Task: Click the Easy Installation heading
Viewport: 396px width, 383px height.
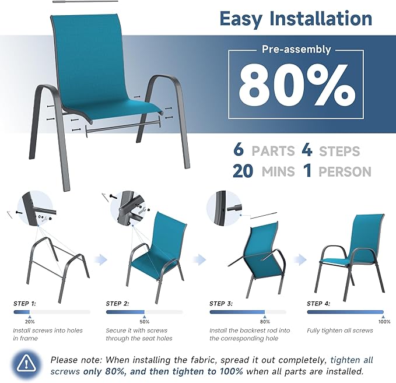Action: point(296,18)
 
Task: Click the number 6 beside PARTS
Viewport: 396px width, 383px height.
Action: point(238,150)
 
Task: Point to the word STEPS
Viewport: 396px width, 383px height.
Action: point(339,151)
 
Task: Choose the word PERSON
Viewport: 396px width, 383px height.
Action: point(345,172)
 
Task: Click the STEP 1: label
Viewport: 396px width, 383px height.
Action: point(25,303)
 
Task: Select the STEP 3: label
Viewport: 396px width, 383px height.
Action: point(221,303)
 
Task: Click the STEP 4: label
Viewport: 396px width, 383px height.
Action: point(319,303)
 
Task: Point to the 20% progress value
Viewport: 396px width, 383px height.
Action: point(30,321)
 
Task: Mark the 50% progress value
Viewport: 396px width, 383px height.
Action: point(145,321)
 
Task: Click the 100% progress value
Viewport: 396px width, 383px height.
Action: point(384,321)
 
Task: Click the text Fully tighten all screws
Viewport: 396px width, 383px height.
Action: point(340,331)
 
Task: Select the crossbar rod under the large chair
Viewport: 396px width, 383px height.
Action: point(122,126)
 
